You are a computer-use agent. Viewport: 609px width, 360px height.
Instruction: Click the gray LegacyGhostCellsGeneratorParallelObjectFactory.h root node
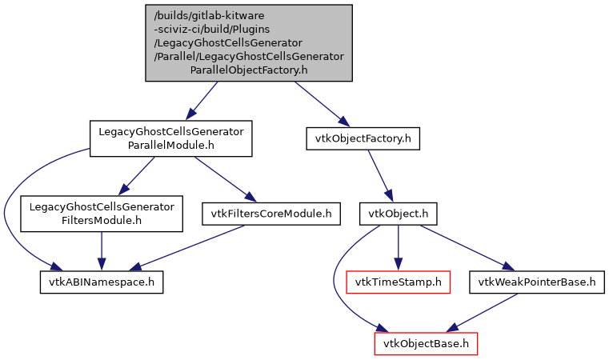248,42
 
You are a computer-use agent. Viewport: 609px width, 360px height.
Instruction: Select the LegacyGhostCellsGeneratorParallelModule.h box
170,138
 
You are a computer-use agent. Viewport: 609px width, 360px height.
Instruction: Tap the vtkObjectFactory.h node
363,138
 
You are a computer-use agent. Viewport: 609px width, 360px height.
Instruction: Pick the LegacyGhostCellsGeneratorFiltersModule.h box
101,213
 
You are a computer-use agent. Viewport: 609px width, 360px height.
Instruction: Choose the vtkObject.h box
399,214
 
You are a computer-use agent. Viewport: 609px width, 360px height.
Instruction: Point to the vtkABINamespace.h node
102,282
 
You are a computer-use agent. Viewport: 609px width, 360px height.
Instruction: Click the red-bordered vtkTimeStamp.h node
399,282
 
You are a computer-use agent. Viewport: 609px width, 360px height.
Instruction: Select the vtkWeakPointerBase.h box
537,282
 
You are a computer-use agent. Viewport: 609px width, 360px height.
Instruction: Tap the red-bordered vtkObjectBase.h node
427,344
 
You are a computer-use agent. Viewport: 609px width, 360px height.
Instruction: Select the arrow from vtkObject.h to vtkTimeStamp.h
399,247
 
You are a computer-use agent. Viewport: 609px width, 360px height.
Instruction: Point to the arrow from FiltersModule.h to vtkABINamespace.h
101,247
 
